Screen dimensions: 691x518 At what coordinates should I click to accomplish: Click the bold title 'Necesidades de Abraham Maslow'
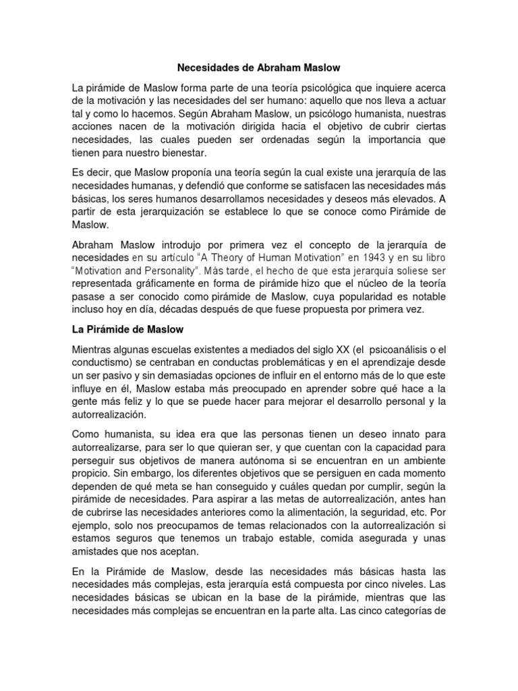point(259,67)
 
